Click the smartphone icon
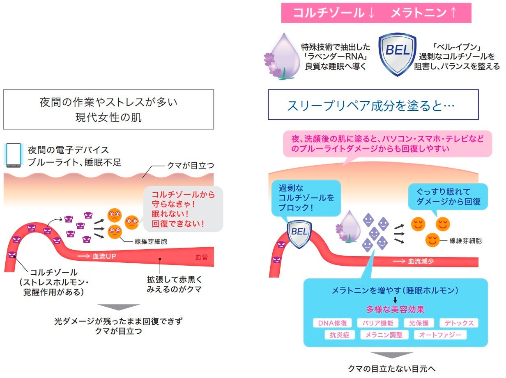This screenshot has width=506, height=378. click(x=14, y=155)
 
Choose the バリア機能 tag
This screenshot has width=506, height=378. click(x=377, y=323)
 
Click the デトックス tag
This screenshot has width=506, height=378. click(x=459, y=323)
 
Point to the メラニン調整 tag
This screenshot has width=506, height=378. click(x=384, y=335)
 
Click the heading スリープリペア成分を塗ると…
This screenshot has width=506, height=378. click(x=373, y=105)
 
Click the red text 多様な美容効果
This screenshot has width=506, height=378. click(x=395, y=310)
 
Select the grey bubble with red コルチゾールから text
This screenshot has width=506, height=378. click(x=182, y=209)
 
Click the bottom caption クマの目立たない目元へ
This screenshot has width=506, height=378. click(x=391, y=369)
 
